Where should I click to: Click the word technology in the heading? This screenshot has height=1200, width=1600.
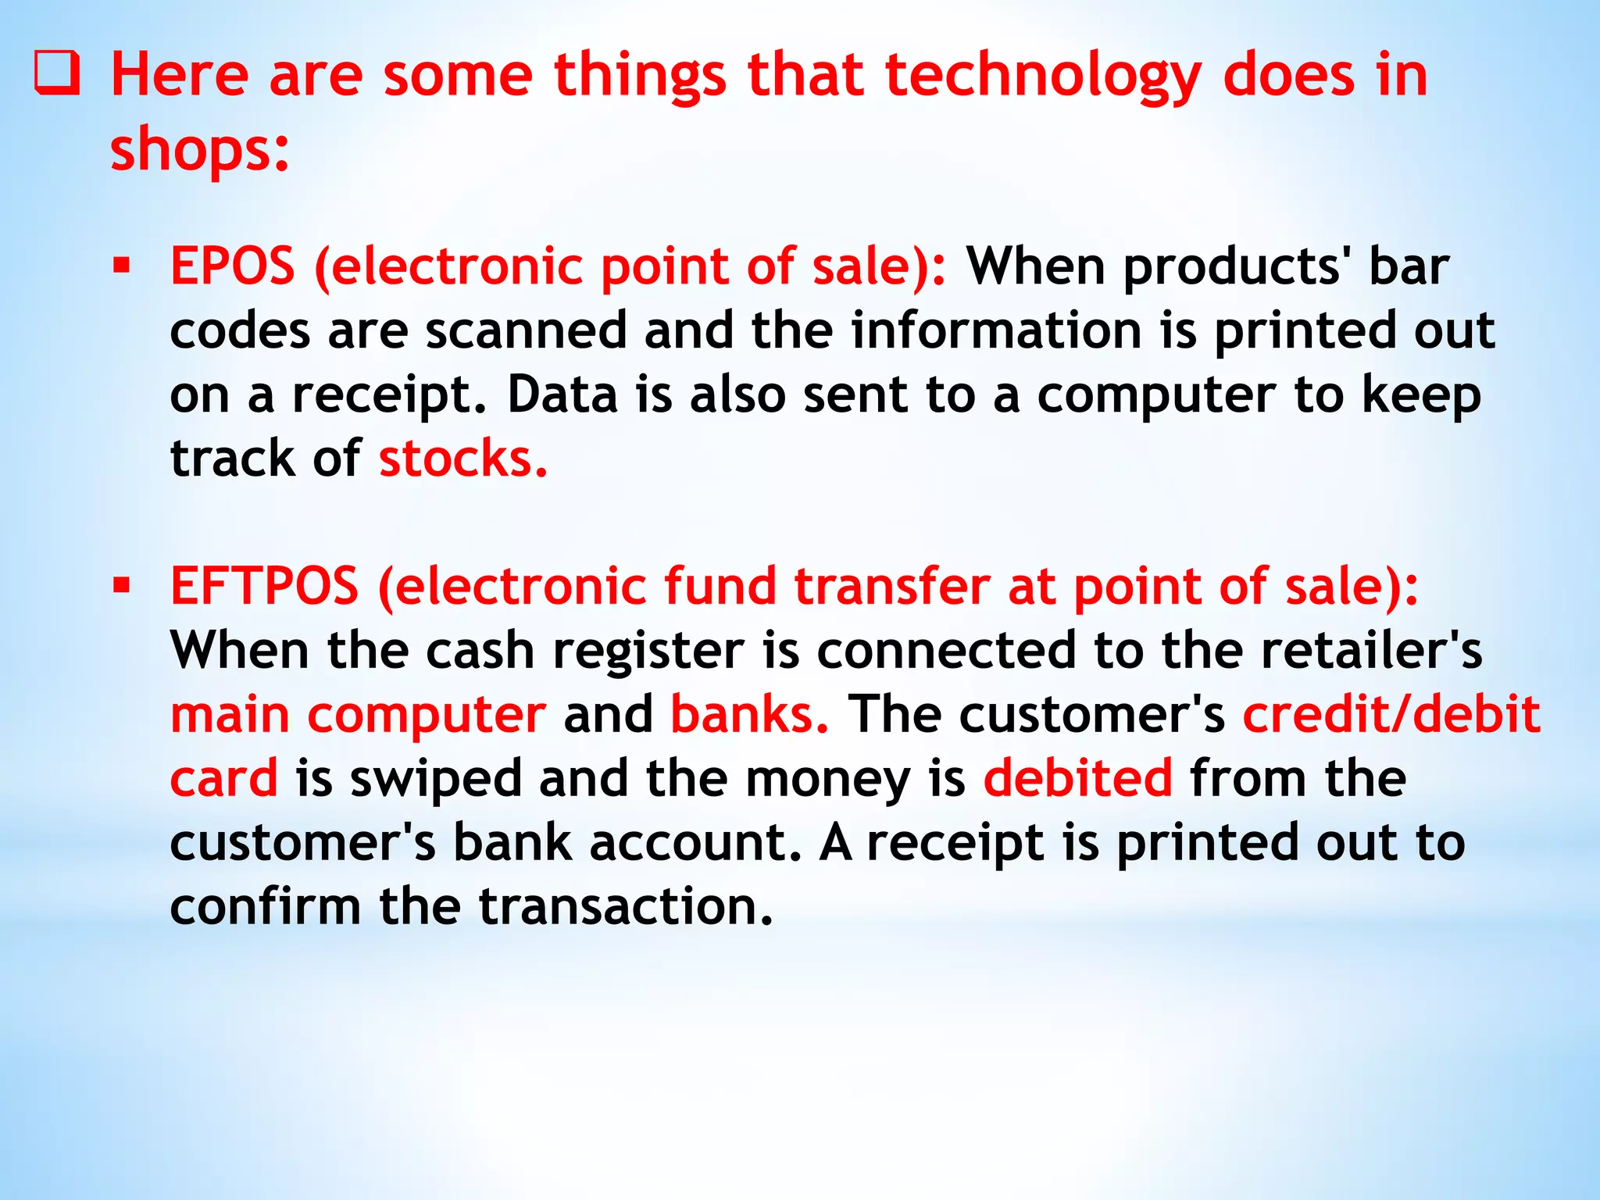(x=1042, y=76)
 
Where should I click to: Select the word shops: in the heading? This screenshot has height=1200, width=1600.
(x=200, y=149)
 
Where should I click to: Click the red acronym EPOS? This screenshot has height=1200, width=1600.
(x=233, y=266)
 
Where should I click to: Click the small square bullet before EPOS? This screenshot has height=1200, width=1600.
(x=121, y=266)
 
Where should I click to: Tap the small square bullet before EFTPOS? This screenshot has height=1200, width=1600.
(x=121, y=585)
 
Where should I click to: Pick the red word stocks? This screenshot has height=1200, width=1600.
(x=462, y=459)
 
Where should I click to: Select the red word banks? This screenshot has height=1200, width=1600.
(x=749, y=714)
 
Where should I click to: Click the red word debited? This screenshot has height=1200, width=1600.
(x=1077, y=778)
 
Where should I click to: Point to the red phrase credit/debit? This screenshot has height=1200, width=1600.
(x=1391, y=714)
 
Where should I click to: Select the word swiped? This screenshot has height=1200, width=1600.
(x=436, y=778)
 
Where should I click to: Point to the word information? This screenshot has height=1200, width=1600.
(x=996, y=330)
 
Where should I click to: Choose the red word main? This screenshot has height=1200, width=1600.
(x=230, y=714)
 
